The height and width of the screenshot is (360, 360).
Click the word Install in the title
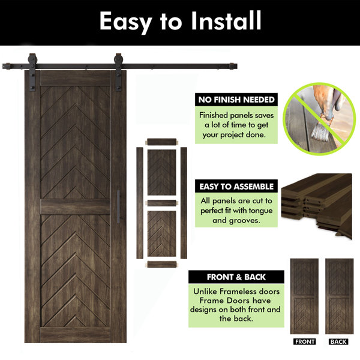point(226,20)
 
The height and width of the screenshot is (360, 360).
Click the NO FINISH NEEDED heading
point(236,100)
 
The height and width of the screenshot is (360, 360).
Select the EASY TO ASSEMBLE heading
point(236,187)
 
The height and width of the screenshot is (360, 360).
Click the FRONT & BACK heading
point(236,277)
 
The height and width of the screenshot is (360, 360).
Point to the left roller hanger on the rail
point(32,73)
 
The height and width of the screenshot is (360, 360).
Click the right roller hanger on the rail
point(118,73)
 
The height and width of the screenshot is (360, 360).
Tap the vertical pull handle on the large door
point(118,206)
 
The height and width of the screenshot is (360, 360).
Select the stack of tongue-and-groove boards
point(317,205)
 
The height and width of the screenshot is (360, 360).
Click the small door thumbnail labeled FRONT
point(304,296)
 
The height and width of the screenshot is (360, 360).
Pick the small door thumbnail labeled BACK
point(340,296)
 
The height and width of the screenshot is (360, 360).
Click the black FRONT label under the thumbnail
point(304,341)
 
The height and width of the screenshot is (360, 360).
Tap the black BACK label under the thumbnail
point(338,341)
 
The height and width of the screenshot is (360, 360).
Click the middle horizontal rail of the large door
point(76,206)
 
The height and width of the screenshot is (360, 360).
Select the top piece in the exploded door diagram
point(161,142)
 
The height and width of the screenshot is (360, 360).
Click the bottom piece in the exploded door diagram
point(161,265)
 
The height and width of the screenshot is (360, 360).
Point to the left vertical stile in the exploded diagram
point(140,203)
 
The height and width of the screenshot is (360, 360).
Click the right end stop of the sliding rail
point(233,67)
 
